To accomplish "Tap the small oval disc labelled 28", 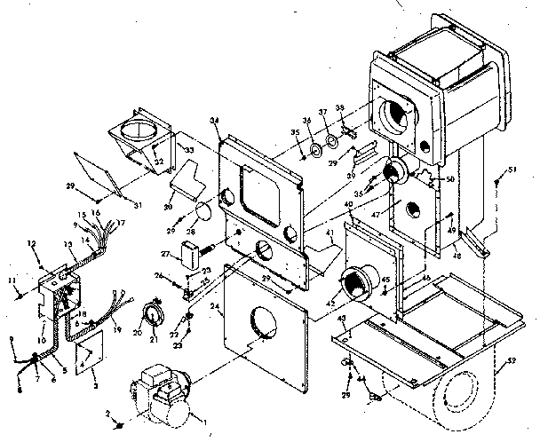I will point(201,211).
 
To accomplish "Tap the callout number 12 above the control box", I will point(31,243).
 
